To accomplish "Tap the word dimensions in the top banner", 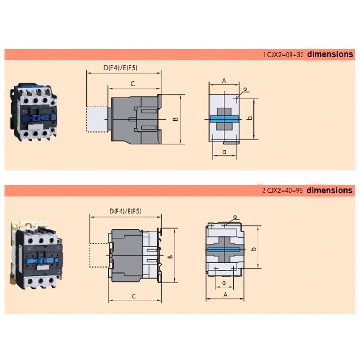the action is point(330,54).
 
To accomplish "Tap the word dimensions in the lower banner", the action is point(329,190).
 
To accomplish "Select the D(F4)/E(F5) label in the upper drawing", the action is point(121,68).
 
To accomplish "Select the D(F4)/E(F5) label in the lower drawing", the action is point(126,211).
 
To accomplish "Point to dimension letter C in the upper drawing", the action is point(133,84).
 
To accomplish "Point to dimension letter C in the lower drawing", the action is point(134,296).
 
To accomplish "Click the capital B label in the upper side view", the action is point(175,119).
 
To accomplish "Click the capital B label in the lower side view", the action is point(170,256).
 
